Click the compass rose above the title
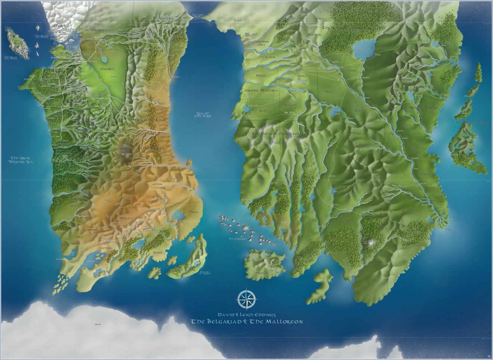tap(246, 298)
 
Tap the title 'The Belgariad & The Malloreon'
tap(247, 322)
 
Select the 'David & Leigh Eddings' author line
tap(246, 315)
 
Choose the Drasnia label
tap(94, 30)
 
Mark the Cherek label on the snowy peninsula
tap(60, 26)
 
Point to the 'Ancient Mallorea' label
tap(261, 91)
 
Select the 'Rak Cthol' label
tap(125, 153)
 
